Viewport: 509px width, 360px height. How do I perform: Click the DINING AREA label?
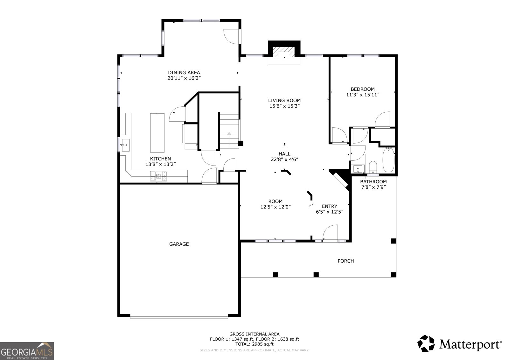click(184, 73)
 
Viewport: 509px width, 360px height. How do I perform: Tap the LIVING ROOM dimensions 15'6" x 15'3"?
click(284, 106)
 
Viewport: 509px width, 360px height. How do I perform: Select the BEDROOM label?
click(363, 89)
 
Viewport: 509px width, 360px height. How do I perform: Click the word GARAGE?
click(179, 244)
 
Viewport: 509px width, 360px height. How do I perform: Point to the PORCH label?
click(345, 261)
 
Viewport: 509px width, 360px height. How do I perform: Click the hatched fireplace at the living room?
click(284, 52)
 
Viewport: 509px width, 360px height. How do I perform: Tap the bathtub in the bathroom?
click(388, 160)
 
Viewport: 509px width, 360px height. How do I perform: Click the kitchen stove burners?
click(159, 176)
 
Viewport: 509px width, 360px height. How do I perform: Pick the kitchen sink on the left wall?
click(125, 145)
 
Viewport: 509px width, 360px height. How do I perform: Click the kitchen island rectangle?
click(157, 133)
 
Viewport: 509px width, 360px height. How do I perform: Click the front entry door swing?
click(330, 232)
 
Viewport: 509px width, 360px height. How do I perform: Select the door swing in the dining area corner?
click(231, 37)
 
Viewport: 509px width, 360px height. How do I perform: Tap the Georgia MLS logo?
click(27, 351)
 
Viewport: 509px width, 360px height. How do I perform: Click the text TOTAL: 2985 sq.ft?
click(254, 344)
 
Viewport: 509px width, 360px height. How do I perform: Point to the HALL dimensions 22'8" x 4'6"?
click(284, 159)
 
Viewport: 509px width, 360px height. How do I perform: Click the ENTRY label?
click(330, 206)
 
